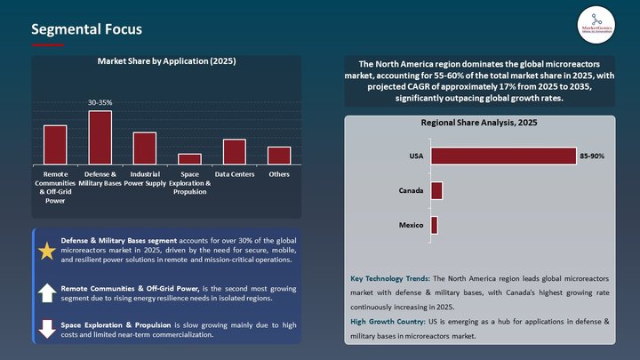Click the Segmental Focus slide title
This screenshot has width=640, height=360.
(86, 30)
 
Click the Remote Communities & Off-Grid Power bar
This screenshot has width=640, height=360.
(55, 144)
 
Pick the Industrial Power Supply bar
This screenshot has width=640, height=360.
(145, 148)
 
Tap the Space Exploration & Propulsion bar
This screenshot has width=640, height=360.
(189, 158)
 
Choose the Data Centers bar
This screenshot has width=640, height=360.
(235, 151)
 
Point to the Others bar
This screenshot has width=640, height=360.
(279, 155)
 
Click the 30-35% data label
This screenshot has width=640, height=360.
(100, 103)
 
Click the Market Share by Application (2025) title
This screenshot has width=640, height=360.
(166, 62)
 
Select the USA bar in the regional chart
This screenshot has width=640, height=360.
(503, 156)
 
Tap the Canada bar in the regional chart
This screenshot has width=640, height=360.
(436, 190)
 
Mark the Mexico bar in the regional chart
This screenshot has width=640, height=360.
(434, 225)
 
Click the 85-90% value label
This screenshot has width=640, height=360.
(592, 156)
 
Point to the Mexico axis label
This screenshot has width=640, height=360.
(409, 225)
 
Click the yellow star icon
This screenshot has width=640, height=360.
(47, 252)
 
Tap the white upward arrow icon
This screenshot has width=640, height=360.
(47, 292)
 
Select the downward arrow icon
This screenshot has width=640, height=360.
(47, 329)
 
